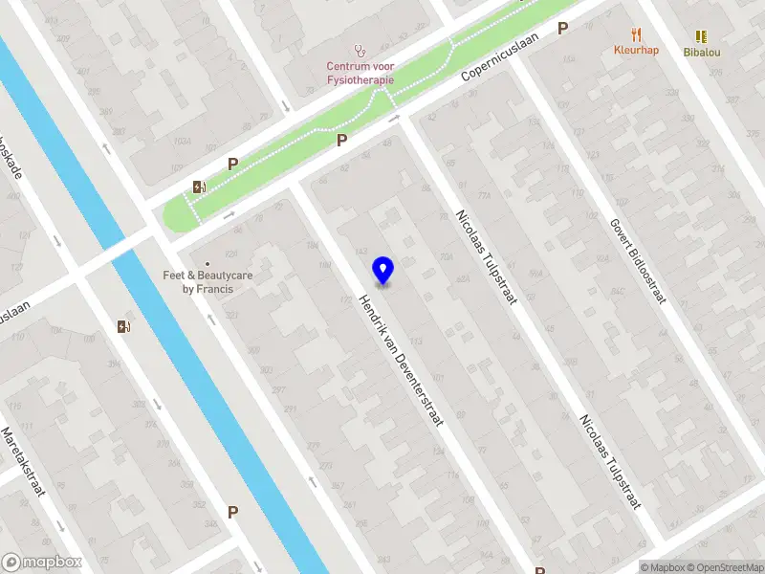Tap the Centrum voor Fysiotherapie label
tap(360, 73)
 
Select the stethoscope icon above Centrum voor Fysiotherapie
tap(360, 50)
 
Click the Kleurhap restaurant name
tap(636, 50)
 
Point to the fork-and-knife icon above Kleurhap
tap(636, 34)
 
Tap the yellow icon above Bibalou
tap(702, 35)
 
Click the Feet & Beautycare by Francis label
tap(208, 281)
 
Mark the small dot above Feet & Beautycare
tap(208, 263)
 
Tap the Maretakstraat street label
tap(21, 461)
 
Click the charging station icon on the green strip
tap(199, 187)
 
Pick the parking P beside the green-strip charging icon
tap(232, 164)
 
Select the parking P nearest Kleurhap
tap(563, 29)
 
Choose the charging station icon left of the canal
tap(122, 326)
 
